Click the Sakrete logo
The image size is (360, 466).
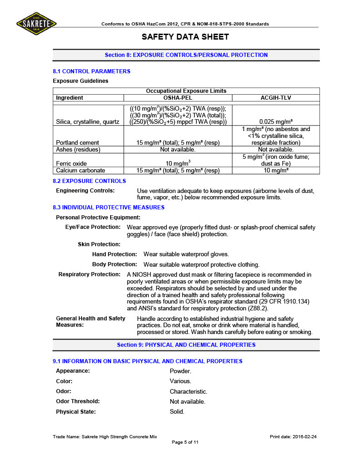pos(36,23)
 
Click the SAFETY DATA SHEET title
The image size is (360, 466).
pos(185,37)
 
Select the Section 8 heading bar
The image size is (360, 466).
pos(186,55)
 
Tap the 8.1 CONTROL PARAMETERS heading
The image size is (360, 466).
pos(91,71)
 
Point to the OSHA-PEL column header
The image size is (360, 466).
pos(177,98)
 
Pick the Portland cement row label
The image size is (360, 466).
pos(77,143)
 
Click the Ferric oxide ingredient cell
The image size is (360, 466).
pos(71,163)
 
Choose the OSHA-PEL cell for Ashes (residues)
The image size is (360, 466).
pos(177,150)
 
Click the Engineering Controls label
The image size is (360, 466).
pos(85,191)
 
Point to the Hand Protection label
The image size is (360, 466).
pos(114,254)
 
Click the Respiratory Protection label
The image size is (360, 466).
pos(89,274)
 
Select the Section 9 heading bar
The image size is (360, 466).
pos(186,345)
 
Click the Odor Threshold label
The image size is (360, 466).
pos(78,401)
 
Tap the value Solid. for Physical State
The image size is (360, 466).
pos(177,412)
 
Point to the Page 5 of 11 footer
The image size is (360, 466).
pos(185,442)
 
